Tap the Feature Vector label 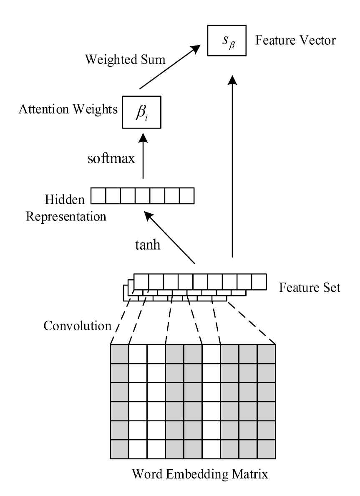tap(296, 40)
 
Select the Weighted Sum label tap(125, 59)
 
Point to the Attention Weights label tap(68, 110)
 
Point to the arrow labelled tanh tap(169, 238)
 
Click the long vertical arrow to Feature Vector tap(232, 167)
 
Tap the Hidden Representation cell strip tap(143, 195)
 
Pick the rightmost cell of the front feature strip tap(259, 282)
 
